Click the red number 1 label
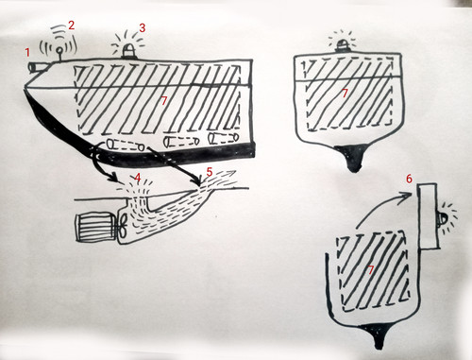pos(27,52)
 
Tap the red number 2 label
pos(72,26)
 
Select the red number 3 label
pos(143,28)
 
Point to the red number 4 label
pos(137,178)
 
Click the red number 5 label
pos(210,172)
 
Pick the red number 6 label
pos(409,179)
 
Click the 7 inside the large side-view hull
pos(163,100)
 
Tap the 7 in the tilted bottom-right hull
pos(371,270)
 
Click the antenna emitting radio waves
pos(59,54)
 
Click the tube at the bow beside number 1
pos(37,66)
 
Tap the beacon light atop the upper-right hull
pos(343,46)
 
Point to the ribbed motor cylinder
pos(95,228)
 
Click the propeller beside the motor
pos(123,226)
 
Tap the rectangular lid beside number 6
pos(428,216)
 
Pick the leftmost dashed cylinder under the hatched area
pos(126,146)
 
